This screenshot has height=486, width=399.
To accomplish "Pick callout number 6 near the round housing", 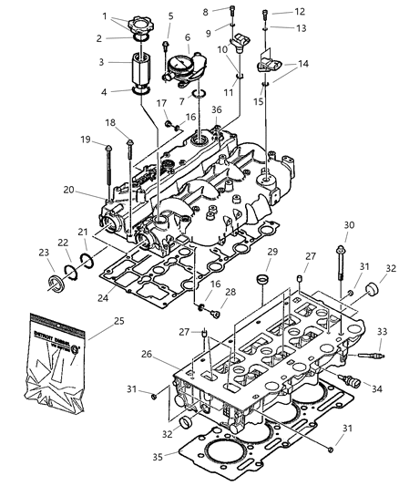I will tap(188, 38).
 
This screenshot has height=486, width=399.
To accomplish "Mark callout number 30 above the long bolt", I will tap(349, 224).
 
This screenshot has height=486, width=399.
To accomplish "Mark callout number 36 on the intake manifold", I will tap(217, 110).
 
